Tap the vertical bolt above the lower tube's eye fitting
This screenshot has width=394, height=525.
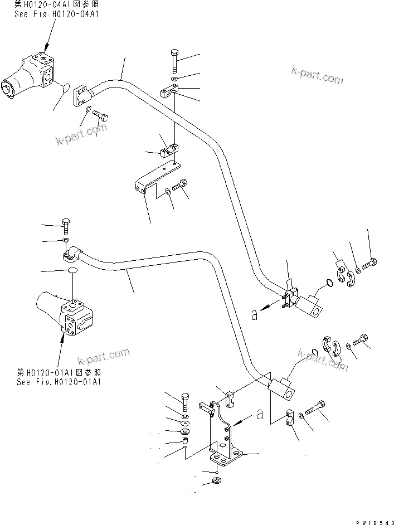tap(65, 226)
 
